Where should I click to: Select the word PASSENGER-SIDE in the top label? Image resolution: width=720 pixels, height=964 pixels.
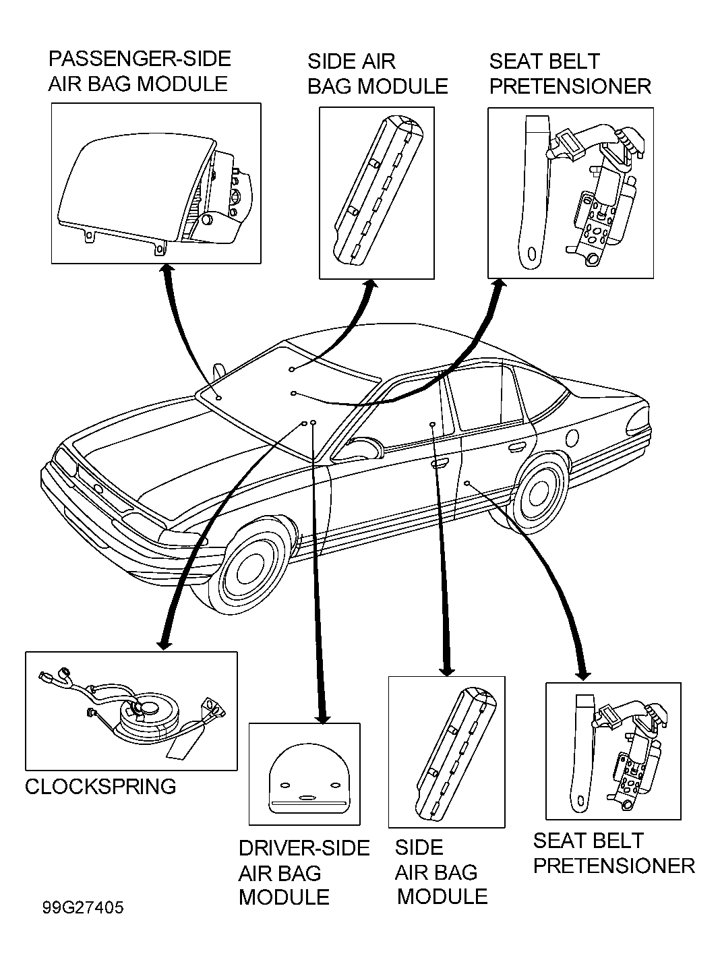(x=140, y=59)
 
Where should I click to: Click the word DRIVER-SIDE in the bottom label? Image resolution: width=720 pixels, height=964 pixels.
(x=304, y=848)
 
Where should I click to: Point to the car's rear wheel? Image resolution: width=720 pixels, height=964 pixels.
(x=539, y=493)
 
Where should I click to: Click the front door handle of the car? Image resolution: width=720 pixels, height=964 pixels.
(x=440, y=462)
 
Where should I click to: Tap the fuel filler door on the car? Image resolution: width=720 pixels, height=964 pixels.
(x=572, y=438)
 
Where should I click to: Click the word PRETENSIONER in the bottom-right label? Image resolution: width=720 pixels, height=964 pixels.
(x=614, y=866)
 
